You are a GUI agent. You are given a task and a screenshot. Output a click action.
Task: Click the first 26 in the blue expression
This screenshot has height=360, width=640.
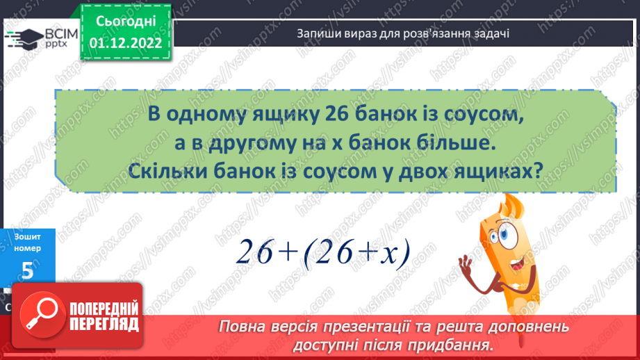coord(256,252)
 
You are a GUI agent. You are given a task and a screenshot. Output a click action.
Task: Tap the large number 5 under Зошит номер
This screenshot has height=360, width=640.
coord(28,271)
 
